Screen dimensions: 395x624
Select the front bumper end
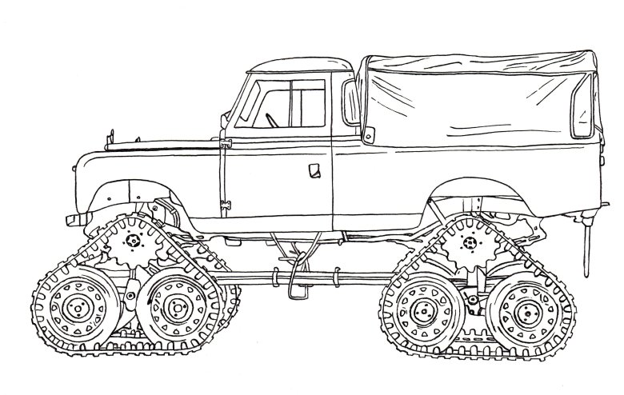click(72, 217)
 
